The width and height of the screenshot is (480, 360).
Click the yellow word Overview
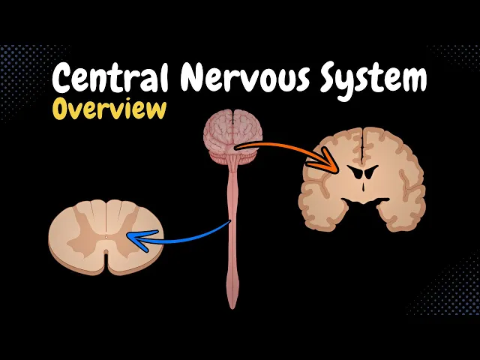click(109, 109)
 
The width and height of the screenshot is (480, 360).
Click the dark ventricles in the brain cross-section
click(361, 174)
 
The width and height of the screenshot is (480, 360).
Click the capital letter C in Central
click(64, 79)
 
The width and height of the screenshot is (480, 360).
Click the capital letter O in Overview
click(62, 110)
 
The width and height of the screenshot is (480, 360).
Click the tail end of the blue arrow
click(228, 222)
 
